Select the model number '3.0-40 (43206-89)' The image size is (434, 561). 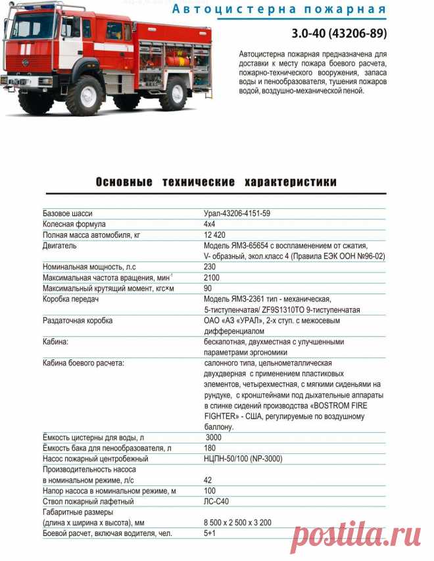click(339, 33)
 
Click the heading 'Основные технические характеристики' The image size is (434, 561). click(216, 182)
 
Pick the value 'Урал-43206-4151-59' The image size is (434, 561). click(237, 213)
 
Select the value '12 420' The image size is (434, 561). click(215, 235)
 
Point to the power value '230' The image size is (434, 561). click(210, 267)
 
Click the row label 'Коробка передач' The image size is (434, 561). click(70, 299)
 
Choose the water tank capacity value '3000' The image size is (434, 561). click(215, 438)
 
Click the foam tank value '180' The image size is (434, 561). click(210, 448)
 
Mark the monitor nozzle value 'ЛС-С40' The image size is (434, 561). click(217, 501)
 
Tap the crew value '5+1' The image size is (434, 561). click(210, 533)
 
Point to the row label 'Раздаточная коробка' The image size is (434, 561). click(78, 321)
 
